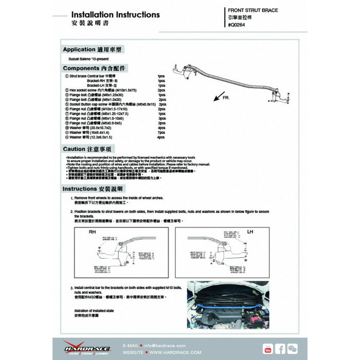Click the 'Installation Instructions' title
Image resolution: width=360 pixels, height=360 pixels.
(x=115, y=14)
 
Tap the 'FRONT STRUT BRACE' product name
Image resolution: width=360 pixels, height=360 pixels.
(x=253, y=10)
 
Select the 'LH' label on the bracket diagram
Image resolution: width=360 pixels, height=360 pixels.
(x=250, y=232)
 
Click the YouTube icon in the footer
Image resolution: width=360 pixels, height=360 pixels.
(x=267, y=348)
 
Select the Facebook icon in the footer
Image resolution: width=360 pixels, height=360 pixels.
(x=280, y=348)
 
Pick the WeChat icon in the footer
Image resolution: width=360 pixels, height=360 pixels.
(x=292, y=348)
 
